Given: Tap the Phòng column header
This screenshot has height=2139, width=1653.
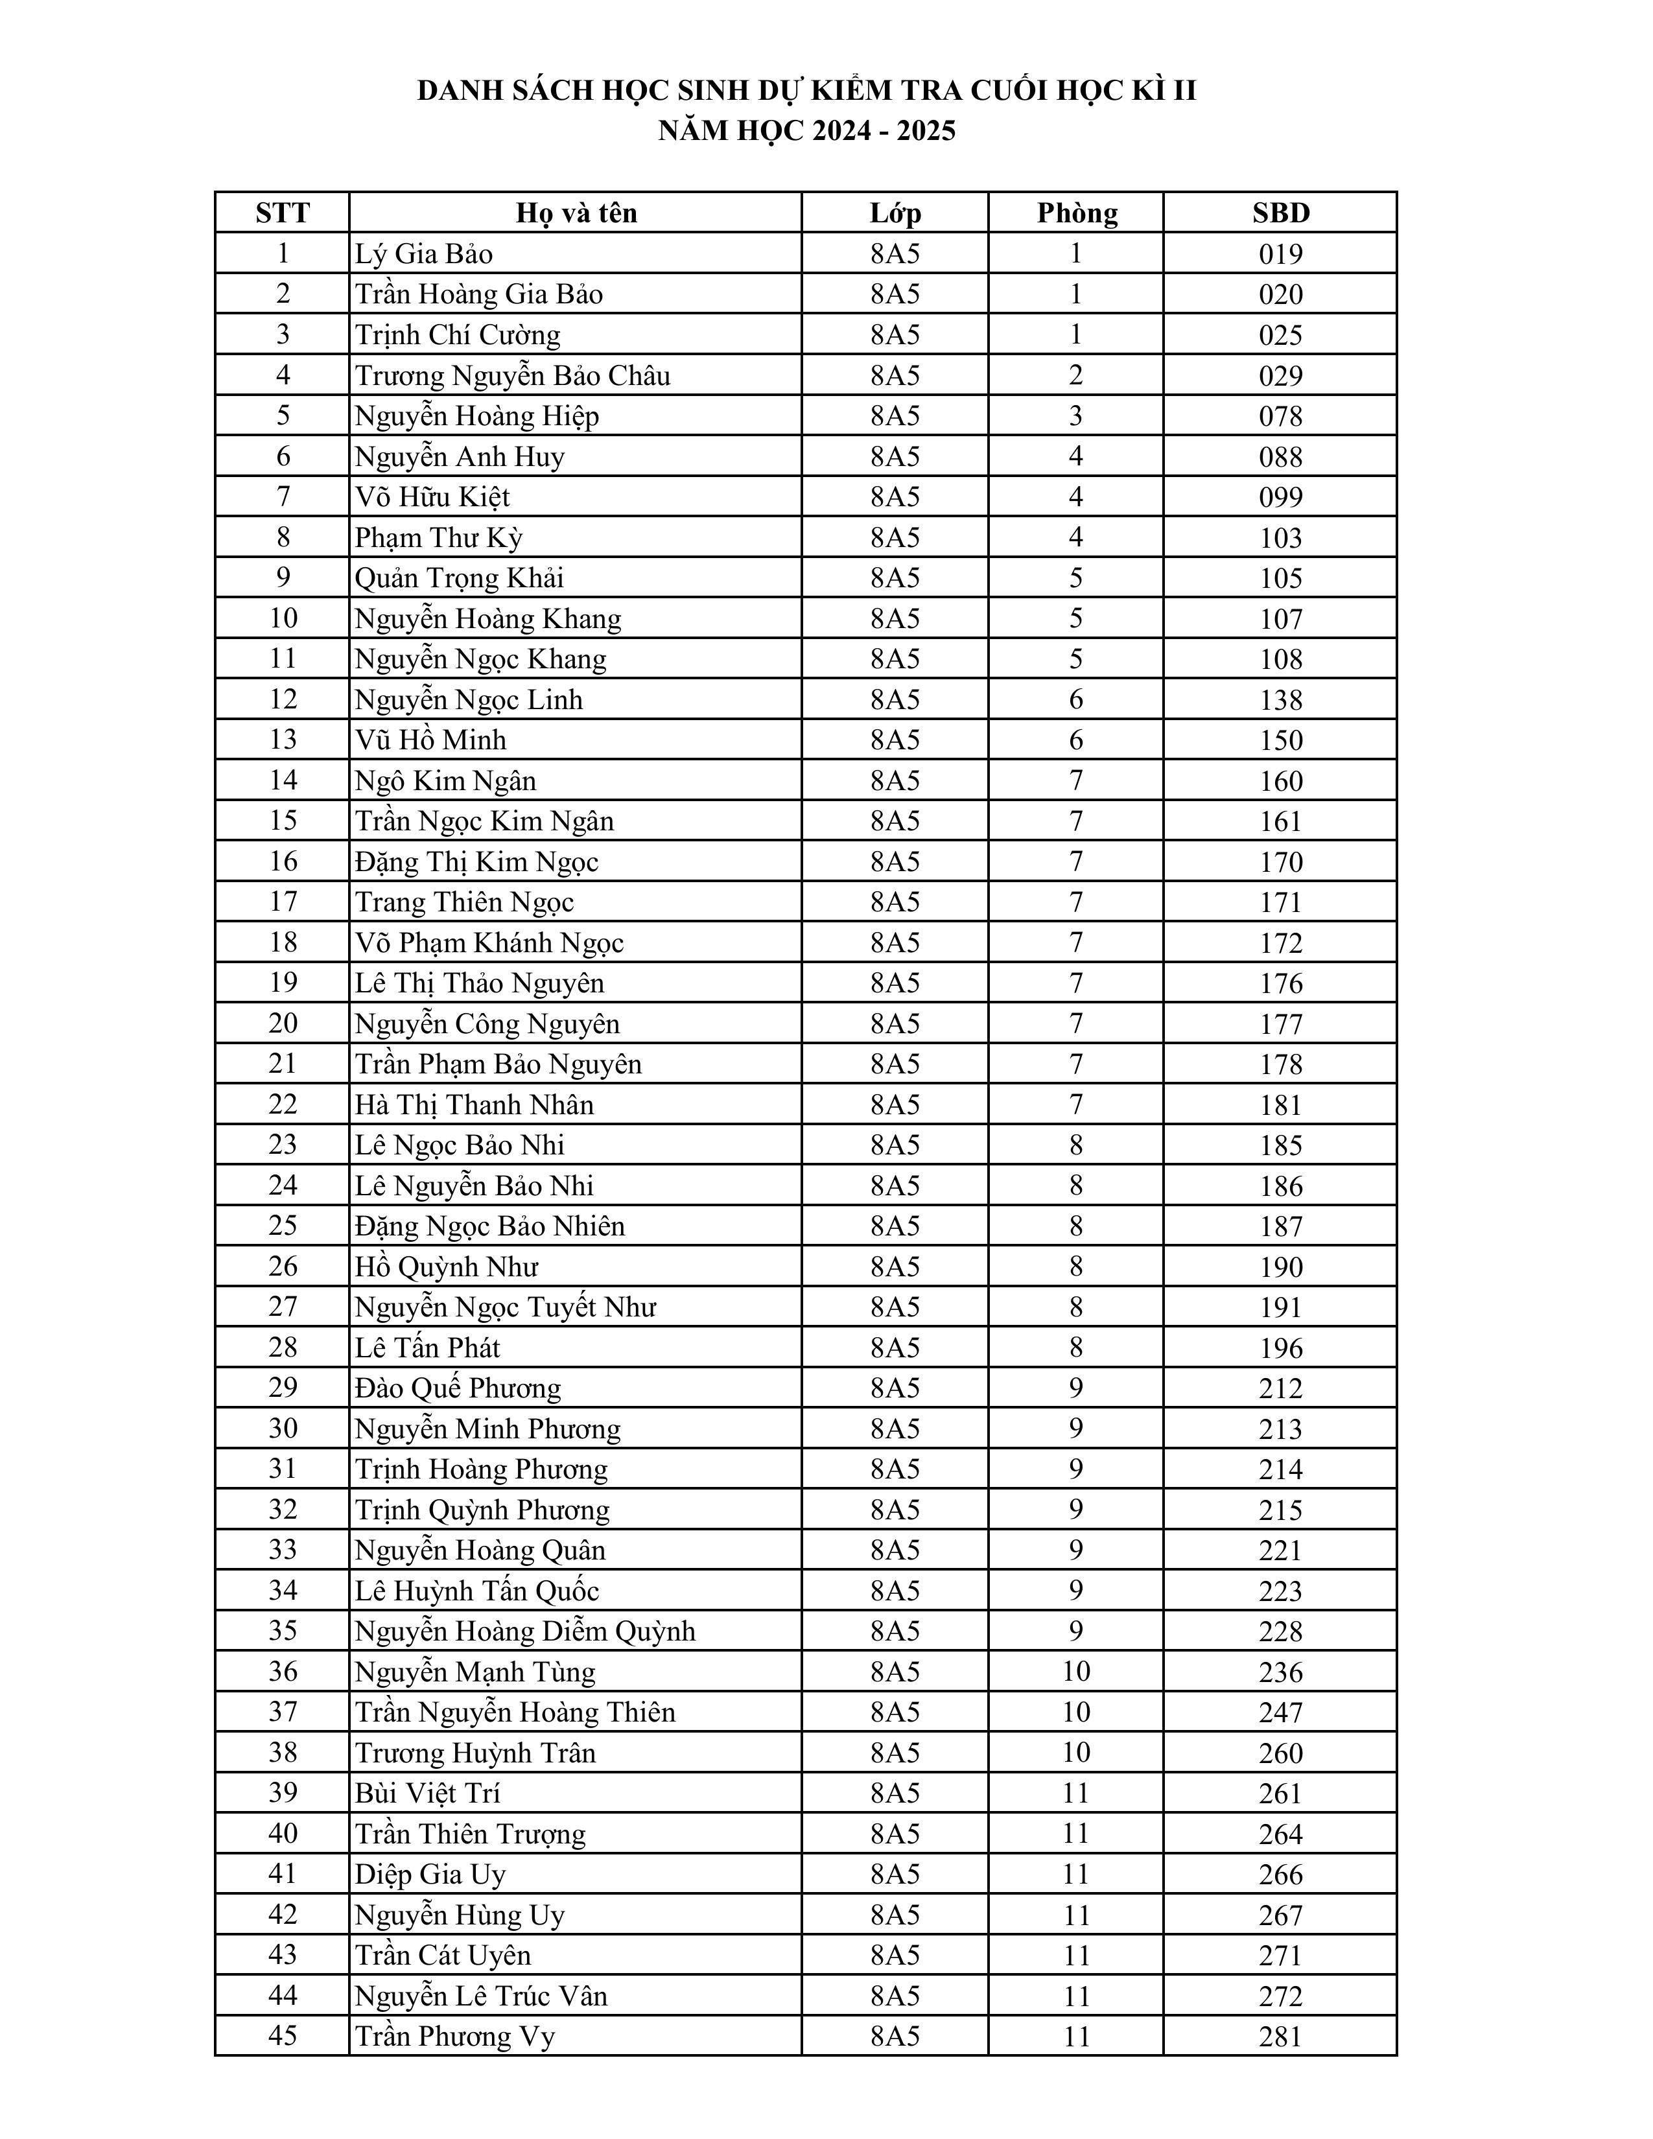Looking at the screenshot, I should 1076,213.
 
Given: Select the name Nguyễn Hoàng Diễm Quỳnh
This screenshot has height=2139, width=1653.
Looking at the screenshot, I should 525,1631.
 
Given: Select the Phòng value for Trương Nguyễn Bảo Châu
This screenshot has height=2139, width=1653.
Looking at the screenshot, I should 1076,375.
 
